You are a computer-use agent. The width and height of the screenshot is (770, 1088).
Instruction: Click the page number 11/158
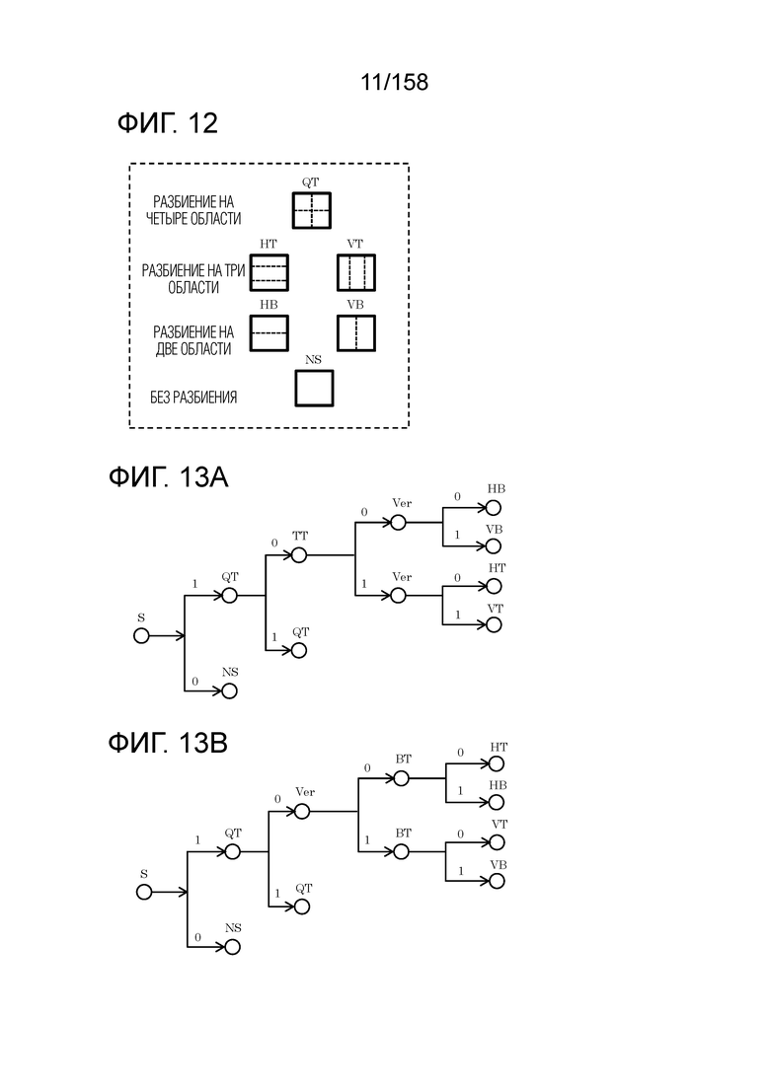point(395,82)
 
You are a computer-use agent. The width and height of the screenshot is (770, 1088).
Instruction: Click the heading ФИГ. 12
point(167,124)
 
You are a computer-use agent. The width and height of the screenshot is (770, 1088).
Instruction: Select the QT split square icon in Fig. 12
point(311,210)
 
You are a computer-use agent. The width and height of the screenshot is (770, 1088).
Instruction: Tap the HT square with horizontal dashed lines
point(269,271)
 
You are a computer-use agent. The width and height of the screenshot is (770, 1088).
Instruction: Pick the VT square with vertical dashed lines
point(356,271)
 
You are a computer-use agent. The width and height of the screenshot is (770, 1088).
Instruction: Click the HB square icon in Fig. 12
point(269,332)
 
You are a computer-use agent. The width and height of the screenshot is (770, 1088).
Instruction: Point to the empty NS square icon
point(314,389)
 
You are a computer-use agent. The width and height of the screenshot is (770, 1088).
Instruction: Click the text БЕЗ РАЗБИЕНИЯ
point(193,399)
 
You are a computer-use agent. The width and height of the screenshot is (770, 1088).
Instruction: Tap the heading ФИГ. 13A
point(169,478)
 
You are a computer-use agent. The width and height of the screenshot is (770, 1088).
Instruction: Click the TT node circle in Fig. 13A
point(298,555)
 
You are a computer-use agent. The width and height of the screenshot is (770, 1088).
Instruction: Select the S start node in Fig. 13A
point(141,636)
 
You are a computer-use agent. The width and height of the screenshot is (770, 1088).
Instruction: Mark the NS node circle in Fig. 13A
point(230,691)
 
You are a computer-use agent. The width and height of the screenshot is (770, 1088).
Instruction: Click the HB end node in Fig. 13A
point(494,508)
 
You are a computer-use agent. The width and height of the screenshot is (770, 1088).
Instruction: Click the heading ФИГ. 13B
point(169,742)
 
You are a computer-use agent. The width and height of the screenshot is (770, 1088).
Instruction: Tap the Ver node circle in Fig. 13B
point(301,812)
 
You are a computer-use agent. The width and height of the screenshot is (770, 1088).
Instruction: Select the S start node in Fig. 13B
point(144,892)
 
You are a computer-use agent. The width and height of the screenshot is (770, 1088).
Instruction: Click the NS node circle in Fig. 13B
point(233,947)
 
